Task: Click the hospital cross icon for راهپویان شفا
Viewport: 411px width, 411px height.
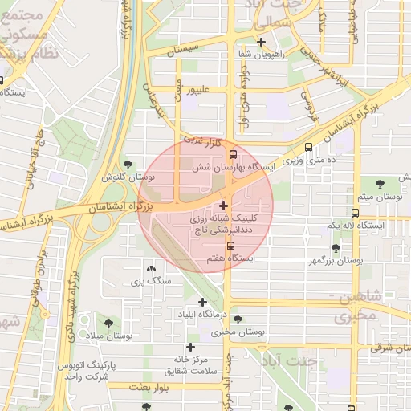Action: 261,42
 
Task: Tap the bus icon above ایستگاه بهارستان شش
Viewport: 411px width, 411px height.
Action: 233,154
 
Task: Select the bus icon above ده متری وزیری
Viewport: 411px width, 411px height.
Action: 309,147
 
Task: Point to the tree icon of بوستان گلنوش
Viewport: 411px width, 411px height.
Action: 128,164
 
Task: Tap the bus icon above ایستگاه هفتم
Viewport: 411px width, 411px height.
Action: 231,246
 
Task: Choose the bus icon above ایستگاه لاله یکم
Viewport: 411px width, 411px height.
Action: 356,213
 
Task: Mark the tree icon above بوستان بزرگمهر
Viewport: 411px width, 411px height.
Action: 335,248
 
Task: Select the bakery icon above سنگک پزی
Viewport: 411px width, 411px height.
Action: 151,268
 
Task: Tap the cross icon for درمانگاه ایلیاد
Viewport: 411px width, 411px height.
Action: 202,302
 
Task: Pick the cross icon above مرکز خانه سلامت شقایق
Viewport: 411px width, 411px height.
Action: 189,347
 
